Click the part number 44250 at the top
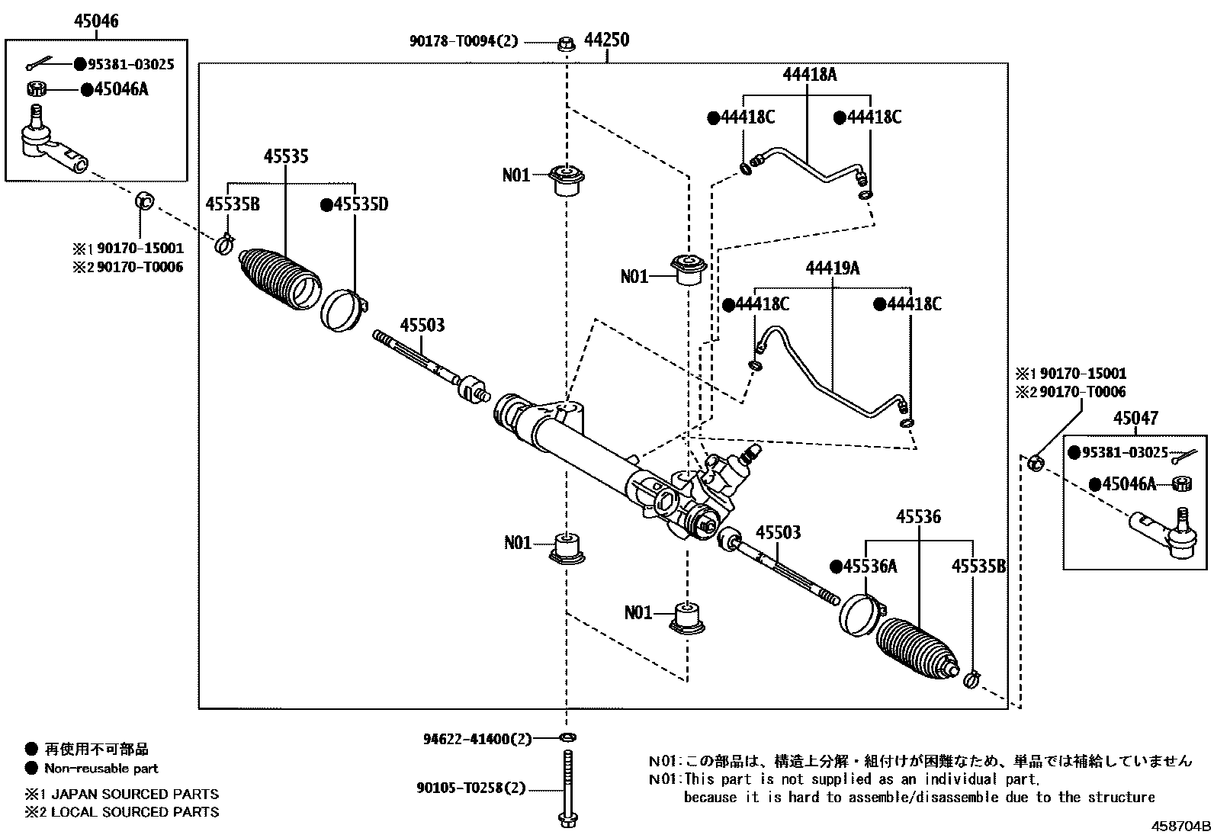[x=606, y=40]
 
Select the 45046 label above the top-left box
[x=96, y=21]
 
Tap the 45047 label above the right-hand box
[x=1135, y=418]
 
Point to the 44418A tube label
[x=809, y=75]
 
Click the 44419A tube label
[x=832, y=268]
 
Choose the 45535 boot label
[x=286, y=156]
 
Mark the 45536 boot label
[x=918, y=517]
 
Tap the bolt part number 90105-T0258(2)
[x=471, y=788]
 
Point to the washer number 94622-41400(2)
[x=477, y=739]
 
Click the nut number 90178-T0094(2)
[x=463, y=41]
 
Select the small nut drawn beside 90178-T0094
[x=566, y=43]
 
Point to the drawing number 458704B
[x=1181, y=826]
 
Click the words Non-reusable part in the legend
[x=101, y=769]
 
